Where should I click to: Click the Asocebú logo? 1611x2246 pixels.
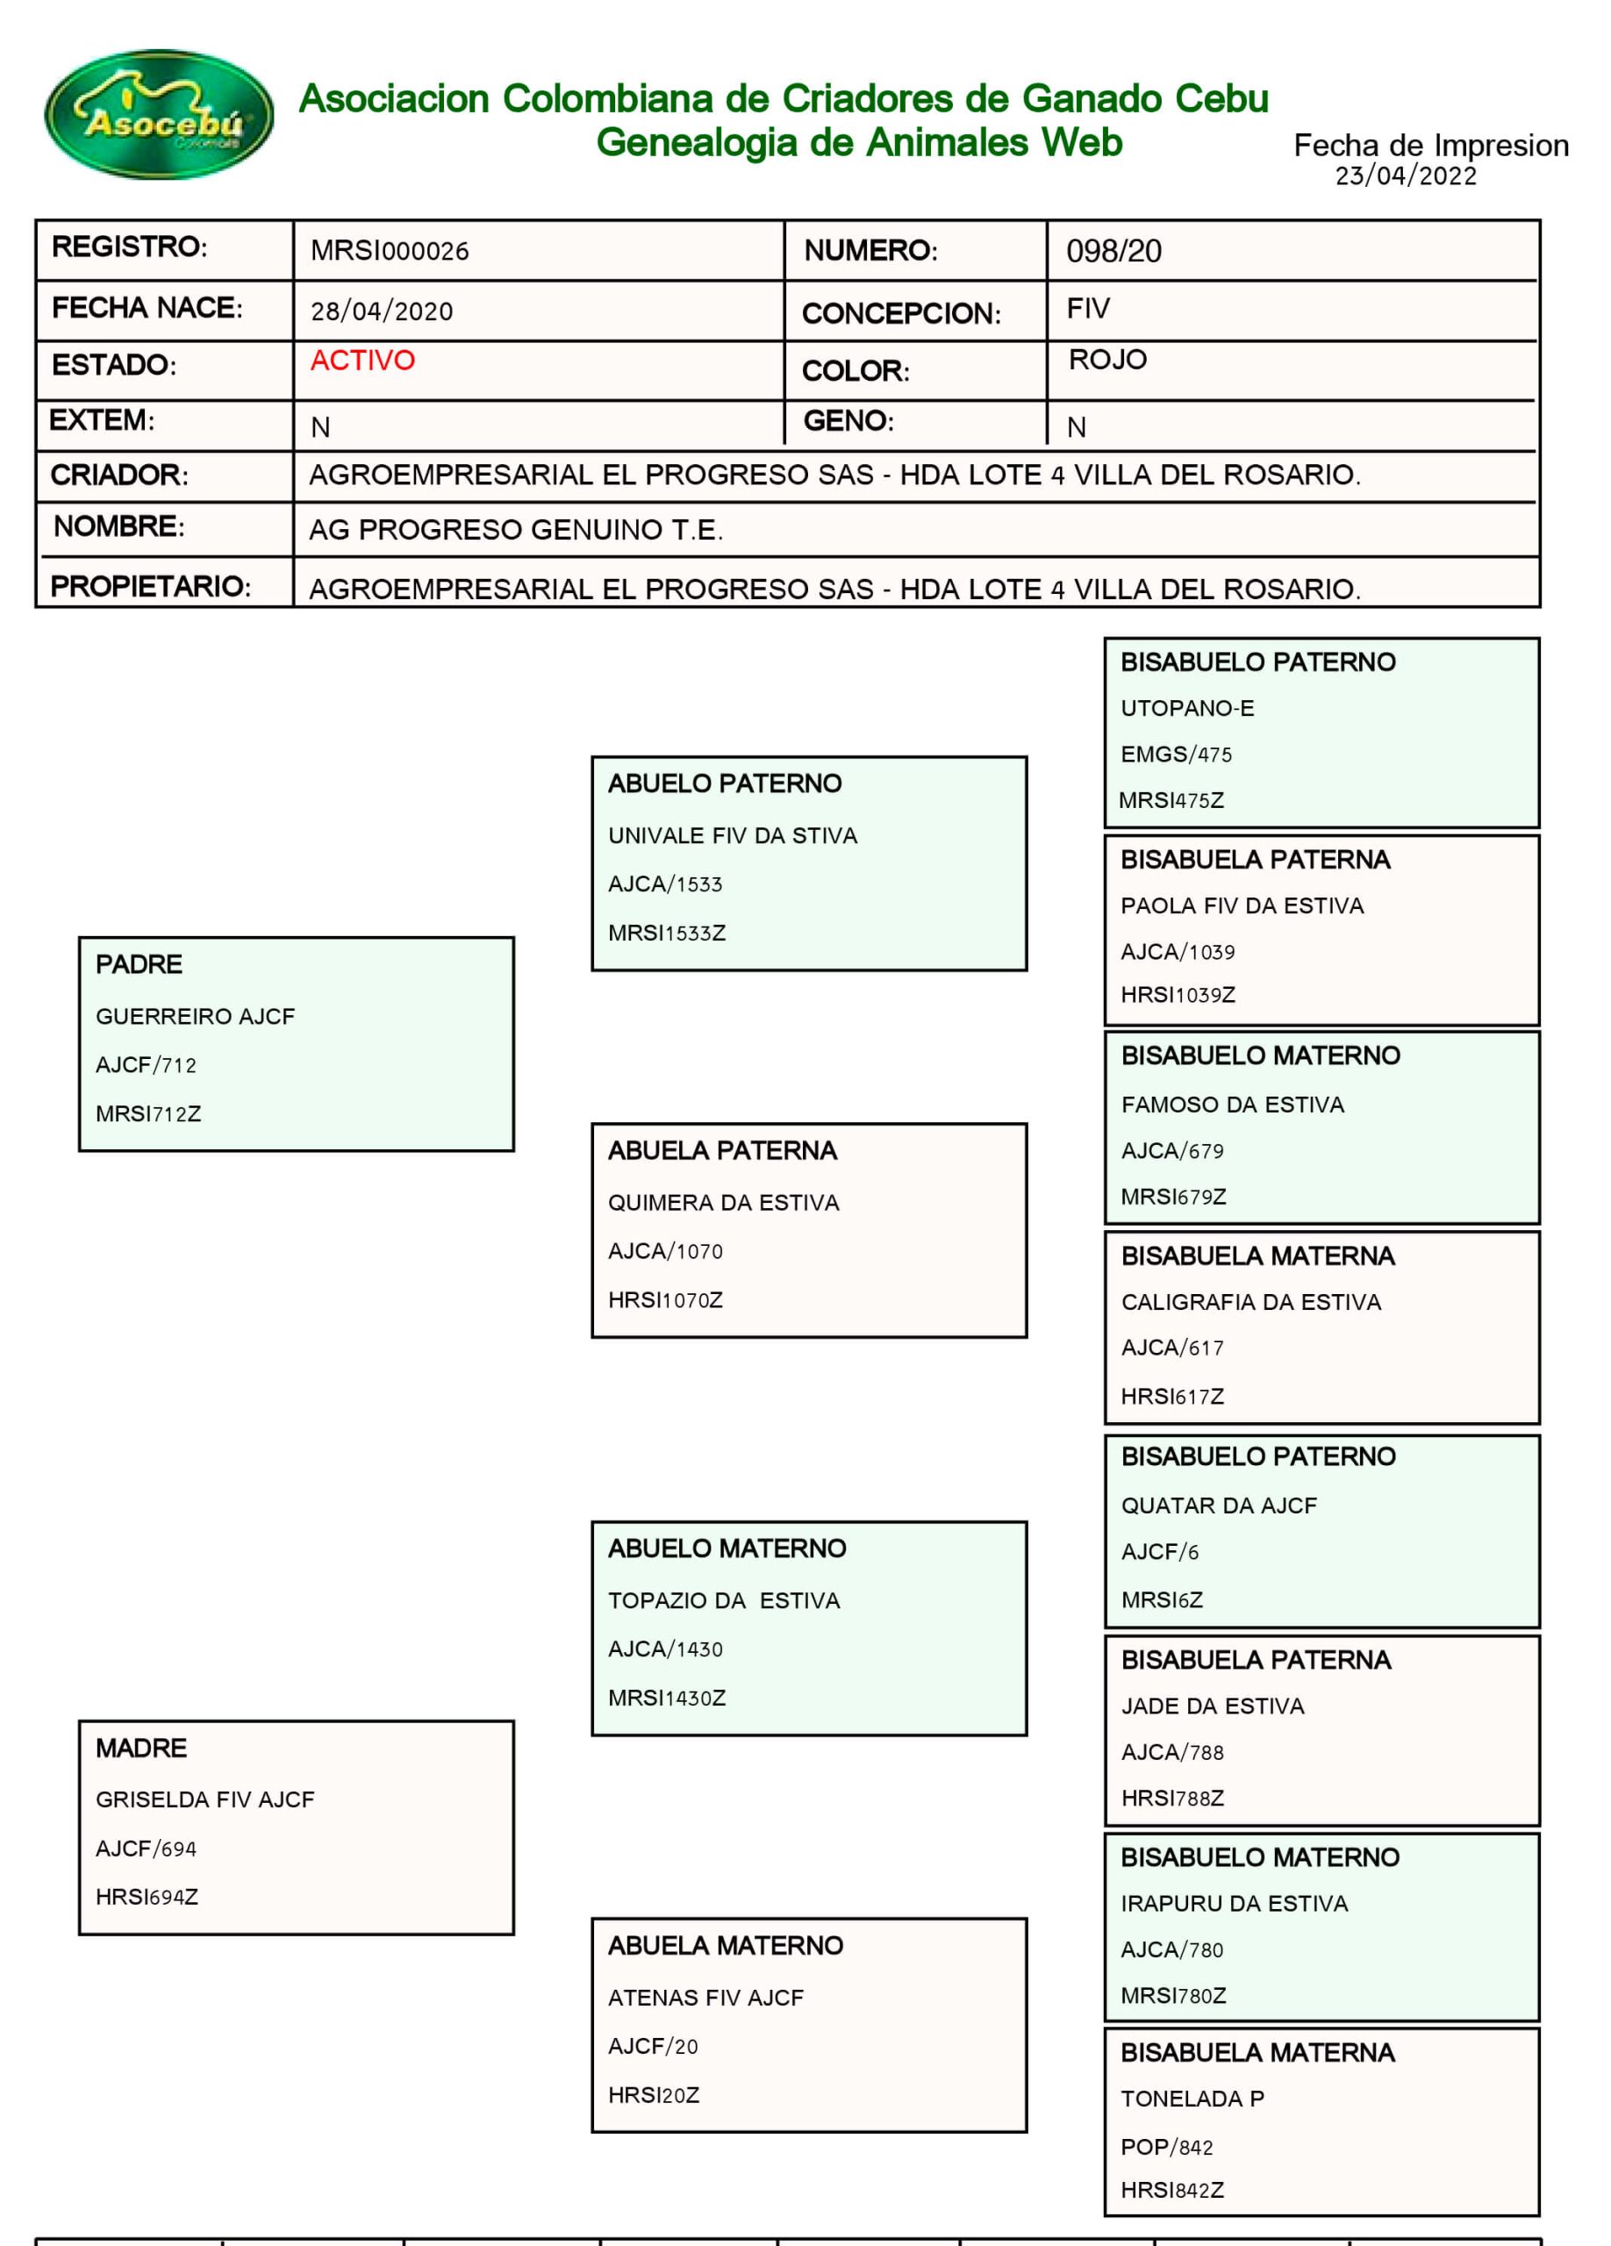click(159, 115)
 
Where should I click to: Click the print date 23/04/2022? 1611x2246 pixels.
click(1405, 176)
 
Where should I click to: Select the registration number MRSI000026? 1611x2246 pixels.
click(389, 252)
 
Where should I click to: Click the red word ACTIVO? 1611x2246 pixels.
click(362, 361)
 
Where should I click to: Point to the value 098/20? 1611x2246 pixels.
click(1113, 252)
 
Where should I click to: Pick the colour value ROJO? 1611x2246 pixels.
click(1107, 360)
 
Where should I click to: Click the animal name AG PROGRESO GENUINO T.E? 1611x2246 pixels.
click(515, 530)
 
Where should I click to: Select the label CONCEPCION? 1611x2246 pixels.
click(900, 314)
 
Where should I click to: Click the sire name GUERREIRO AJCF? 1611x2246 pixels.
click(195, 1016)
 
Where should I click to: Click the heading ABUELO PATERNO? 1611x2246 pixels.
click(724, 783)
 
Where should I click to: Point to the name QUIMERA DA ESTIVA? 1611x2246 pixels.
click(723, 1202)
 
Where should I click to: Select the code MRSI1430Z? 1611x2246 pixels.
click(666, 1698)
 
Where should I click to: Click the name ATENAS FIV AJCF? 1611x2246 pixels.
click(705, 1998)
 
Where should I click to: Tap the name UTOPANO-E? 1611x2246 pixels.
click(1186, 708)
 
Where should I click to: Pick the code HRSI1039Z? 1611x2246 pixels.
click(1178, 994)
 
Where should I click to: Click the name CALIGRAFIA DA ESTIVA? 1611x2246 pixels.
click(1250, 1302)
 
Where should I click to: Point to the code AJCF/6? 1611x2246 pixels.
click(1158, 1552)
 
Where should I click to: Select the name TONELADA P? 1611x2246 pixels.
click(1192, 2099)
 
